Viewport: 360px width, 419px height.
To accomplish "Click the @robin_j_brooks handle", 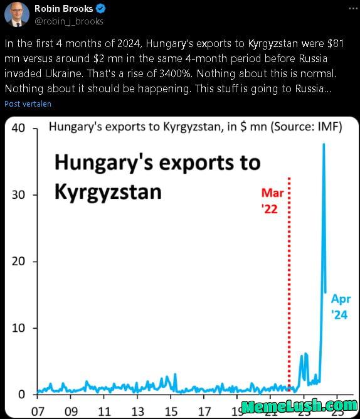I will click(68, 21).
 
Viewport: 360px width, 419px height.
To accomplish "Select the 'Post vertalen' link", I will click(28, 103).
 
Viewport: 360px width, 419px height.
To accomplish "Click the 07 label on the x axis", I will click(38, 412).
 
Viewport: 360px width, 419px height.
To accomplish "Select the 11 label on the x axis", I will click(104, 412).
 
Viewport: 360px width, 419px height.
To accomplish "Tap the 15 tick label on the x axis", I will click(171, 412).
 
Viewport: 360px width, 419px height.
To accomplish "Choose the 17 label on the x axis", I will click(204, 412).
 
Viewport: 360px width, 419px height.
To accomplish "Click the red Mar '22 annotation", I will click(272, 201).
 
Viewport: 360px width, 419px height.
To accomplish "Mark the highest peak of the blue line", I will click(324, 144).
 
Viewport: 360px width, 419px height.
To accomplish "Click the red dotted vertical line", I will click(289, 282).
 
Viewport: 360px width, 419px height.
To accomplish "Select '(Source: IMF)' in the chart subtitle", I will click(306, 127).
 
